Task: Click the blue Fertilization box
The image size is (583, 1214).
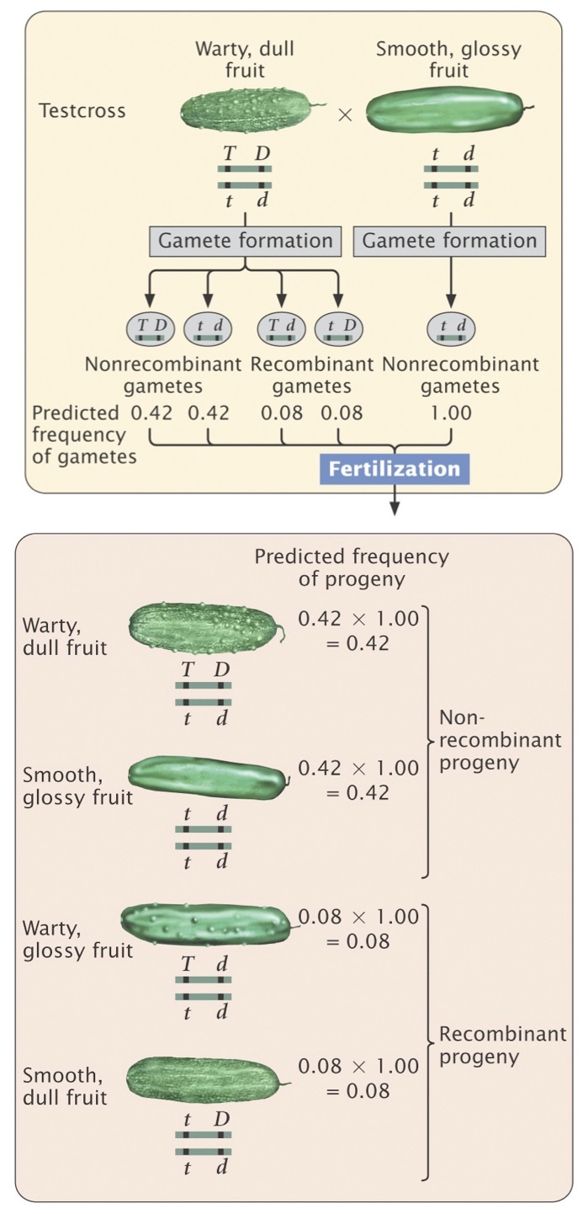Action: [395, 469]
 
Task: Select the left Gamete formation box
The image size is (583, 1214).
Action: [245, 241]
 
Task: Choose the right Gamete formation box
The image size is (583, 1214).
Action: [449, 241]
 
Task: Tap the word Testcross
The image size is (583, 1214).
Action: [82, 110]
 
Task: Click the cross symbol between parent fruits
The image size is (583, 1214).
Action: [344, 115]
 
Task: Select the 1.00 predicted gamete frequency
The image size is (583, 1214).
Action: [449, 413]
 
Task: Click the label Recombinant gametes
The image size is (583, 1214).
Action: [311, 375]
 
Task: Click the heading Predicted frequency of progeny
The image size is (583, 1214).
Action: [352, 568]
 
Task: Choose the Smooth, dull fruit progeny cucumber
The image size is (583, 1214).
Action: [204, 1077]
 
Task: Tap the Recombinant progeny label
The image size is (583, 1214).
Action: [502, 1045]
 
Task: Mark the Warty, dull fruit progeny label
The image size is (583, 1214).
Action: [66, 636]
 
